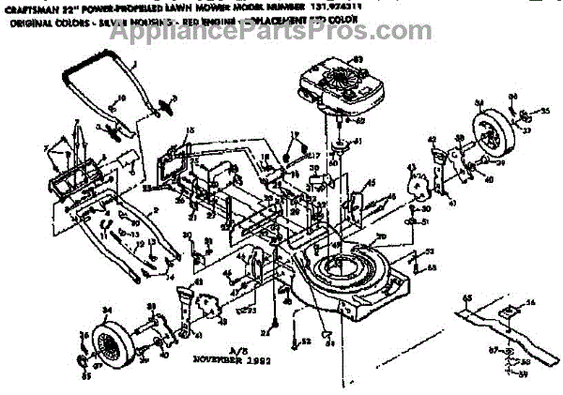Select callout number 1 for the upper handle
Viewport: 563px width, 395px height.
point(134,64)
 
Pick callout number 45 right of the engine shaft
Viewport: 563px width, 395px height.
point(372,183)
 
